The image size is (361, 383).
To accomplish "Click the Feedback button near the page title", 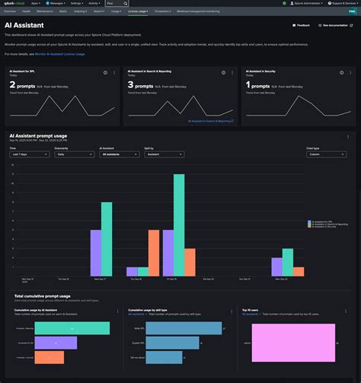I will point(302,25).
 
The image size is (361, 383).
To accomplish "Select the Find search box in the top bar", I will point(117,3).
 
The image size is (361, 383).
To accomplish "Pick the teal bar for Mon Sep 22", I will point(287,262).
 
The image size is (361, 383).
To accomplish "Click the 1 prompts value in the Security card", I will point(259,85).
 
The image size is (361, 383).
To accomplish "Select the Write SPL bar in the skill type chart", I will point(183,328).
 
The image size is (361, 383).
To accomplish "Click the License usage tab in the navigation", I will point(138,11).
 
